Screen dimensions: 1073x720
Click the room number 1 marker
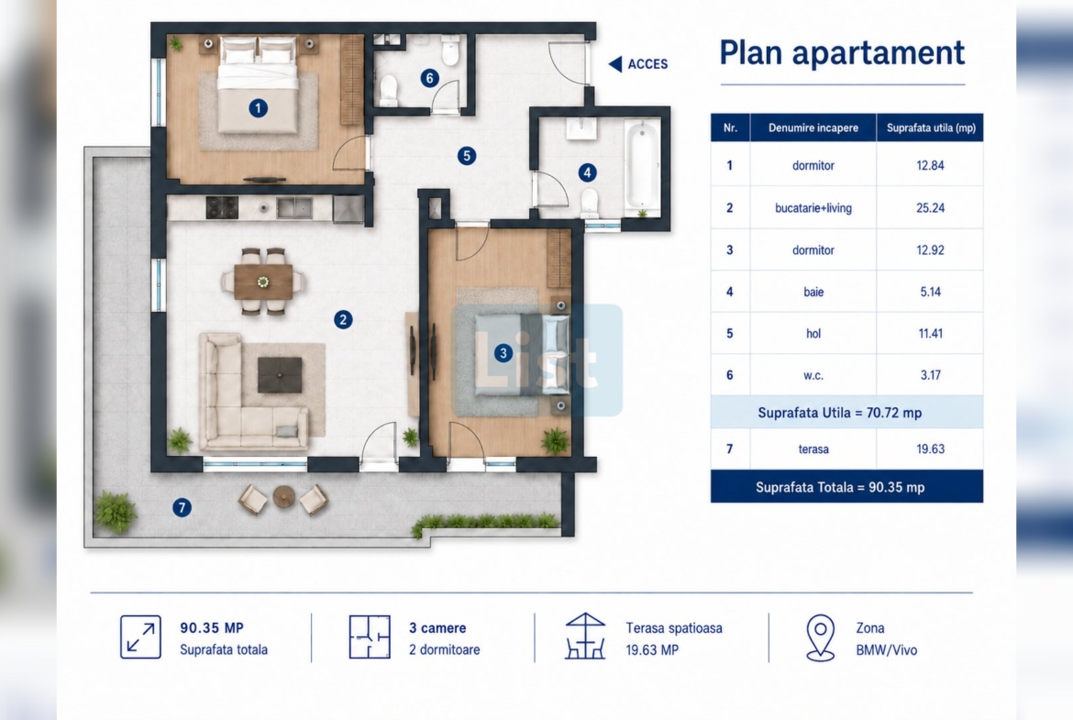click(x=258, y=107)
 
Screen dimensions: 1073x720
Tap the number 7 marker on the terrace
click(x=182, y=507)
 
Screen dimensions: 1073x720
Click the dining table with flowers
click(x=263, y=282)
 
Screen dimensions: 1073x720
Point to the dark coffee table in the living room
click(x=280, y=375)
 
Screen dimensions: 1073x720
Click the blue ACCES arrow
click(x=615, y=63)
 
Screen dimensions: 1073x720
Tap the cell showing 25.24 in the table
click(x=930, y=208)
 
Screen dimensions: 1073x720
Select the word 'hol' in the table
click(x=813, y=333)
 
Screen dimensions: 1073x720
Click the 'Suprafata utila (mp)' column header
click(x=930, y=128)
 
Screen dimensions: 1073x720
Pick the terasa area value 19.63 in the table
click(x=930, y=449)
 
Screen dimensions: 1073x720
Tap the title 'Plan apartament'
click(x=842, y=52)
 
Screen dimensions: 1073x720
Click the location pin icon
click(x=821, y=637)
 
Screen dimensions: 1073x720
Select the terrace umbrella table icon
click(x=585, y=636)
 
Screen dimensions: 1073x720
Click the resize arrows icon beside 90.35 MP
click(x=140, y=637)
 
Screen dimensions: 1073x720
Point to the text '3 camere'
click(x=437, y=627)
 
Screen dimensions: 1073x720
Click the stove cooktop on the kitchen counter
click(x=223, y=207)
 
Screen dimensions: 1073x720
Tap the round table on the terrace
click(x=283, y=496)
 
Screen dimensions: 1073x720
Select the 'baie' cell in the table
click(x=813, y=292)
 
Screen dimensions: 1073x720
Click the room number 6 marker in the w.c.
click(x=429, y=78)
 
